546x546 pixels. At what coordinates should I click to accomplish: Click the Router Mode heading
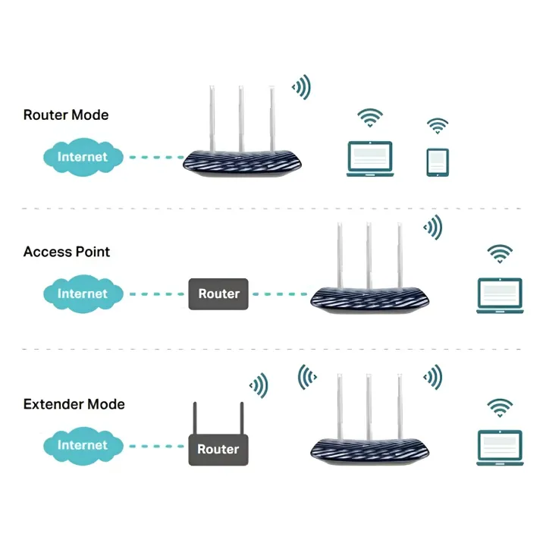pos(66,115)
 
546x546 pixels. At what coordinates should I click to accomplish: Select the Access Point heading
pos(67,252)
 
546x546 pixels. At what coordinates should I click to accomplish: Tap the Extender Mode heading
pos(74,404)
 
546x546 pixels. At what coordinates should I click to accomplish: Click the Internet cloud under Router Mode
pos(83,157)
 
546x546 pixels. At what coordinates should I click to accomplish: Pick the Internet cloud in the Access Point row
pos(83,293)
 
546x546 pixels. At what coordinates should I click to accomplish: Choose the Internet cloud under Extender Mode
pos(83,445)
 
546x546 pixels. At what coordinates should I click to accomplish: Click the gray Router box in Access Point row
pos(218,293)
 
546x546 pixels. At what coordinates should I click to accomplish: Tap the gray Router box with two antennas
pos(218,449)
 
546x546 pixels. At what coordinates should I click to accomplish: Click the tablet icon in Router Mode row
pos(438,162)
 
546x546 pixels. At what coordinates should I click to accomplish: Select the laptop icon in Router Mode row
pos(371,158)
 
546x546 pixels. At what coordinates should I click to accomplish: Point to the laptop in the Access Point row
pos(500,294)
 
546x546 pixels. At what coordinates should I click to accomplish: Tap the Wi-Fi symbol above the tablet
pos(438,126)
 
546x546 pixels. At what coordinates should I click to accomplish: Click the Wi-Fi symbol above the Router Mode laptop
pos(371,118)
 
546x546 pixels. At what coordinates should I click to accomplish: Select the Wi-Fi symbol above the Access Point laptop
pos(500,254)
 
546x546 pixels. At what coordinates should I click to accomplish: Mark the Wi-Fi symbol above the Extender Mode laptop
pos(500,408)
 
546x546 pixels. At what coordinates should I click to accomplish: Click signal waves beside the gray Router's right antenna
pos(259,385)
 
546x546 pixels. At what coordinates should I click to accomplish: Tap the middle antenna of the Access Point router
pos(369,254)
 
